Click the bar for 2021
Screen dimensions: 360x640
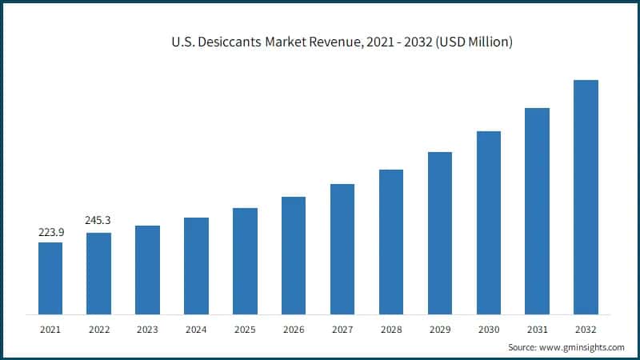(50, 278)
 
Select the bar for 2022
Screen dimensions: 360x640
(99, 273)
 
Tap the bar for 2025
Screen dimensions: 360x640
(245, 261)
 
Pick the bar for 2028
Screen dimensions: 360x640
(391, 242)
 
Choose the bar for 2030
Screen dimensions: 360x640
(489, 222)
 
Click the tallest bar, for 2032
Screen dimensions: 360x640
(586, 197)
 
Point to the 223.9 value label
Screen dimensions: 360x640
(50, 232)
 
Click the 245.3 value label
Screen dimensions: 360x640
(99, 220)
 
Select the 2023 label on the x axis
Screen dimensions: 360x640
(147, 329)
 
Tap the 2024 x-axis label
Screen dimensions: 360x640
(196, 329)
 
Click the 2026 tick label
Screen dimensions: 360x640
(294, 329)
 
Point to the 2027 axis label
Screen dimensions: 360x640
(342, 329)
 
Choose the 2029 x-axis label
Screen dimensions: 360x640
(440, 329)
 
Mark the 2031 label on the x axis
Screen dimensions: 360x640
(538, 329)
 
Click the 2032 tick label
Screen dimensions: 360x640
(586, 329)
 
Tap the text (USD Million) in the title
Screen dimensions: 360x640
(471, 42)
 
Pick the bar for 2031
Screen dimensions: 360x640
(538, 211)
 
